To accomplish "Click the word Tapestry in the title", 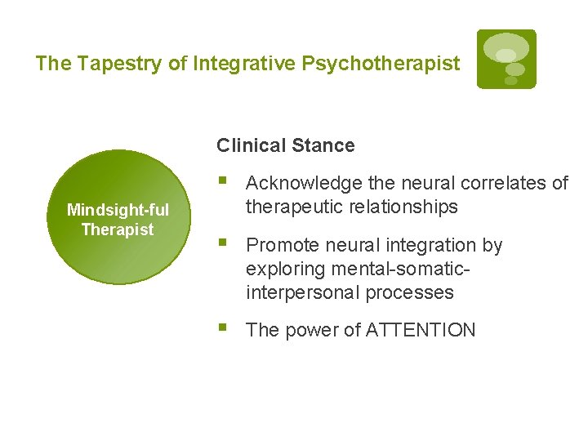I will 112,64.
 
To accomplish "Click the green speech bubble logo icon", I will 506,59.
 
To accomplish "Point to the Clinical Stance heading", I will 286,146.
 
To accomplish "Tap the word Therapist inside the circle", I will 118,229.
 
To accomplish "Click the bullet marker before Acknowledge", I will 225,181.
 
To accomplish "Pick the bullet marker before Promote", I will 225,243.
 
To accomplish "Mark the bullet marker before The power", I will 225,328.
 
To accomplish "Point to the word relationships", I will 401,207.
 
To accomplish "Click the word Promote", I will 281,245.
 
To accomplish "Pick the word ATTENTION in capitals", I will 421,330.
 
